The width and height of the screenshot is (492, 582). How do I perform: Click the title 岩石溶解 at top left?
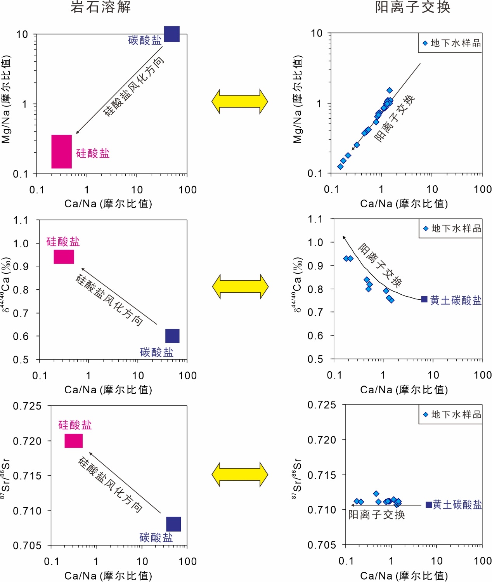[100, 7]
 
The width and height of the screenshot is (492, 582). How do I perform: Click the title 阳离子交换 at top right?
[412, 7]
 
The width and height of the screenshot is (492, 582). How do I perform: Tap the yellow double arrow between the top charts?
[239, 101]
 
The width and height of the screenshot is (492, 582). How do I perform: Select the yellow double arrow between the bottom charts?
[239, 474]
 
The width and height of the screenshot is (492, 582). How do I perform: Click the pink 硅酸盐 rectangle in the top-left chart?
[61, 151]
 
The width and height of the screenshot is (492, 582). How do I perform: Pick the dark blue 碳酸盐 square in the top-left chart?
[172, 34]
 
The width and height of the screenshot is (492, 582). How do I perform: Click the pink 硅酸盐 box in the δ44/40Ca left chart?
[64, 257]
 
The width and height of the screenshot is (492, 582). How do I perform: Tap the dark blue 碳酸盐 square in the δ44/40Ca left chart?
[172, 336]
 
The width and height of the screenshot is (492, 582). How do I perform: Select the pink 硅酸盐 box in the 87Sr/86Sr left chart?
[74, 441]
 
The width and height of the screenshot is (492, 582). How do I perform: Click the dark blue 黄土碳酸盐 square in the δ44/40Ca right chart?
[424, 299]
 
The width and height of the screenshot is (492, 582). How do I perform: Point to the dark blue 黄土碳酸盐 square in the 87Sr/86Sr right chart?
[429, 505]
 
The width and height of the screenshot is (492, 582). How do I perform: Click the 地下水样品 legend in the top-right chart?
[452, 43]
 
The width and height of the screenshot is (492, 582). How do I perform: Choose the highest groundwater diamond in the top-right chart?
[390, 90]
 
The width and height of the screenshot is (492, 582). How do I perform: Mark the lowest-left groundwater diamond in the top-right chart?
[340, 167]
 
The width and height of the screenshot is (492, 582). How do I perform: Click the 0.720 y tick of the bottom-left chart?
[27, 441]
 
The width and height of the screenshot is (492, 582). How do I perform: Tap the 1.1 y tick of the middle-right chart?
[315, 219]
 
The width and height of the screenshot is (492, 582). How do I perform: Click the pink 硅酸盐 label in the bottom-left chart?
[75, 425]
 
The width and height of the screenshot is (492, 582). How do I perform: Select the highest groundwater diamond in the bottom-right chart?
[376, 493]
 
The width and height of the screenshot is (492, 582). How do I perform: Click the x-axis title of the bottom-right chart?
[404, 575]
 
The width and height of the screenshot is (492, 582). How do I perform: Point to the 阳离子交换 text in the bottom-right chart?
[377, 515]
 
